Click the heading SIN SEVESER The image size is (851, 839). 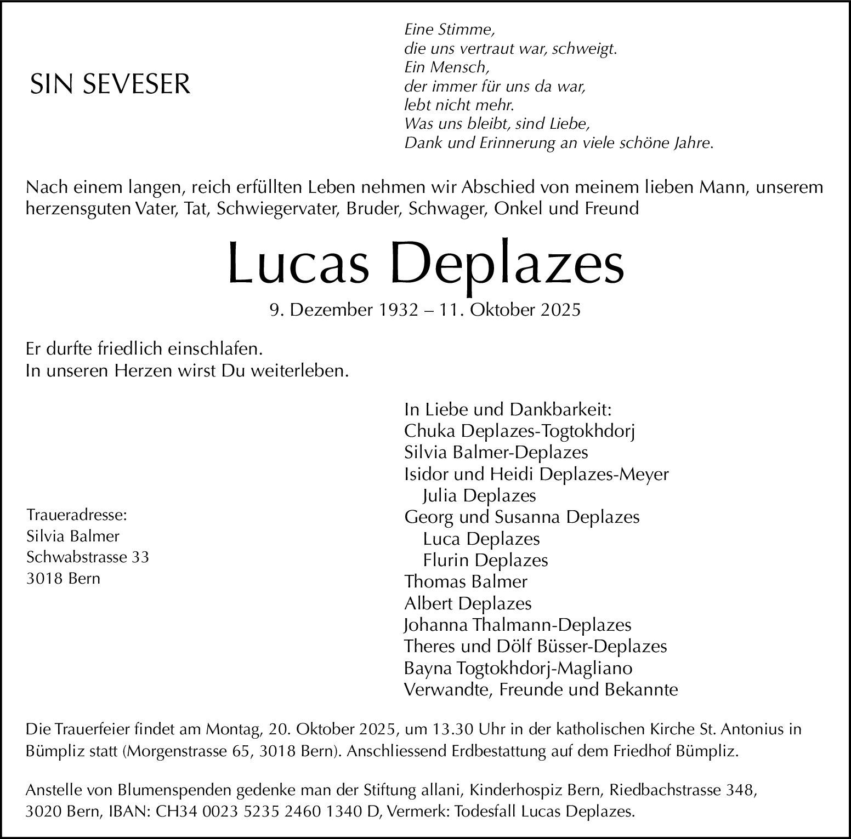(x=110, y=84)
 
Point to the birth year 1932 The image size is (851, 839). (x=395, y=310)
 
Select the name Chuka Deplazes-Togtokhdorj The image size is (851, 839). (x=519, y=431)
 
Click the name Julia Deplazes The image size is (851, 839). (x=479, y=496)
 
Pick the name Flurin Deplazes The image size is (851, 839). (x=485, y=560)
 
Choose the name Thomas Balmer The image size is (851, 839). (x=466, y=581)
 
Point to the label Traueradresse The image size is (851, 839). (x=76, y=515)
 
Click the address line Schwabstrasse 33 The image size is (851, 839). (x=87, y=557)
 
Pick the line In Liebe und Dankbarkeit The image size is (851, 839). (x=508, y=410)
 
